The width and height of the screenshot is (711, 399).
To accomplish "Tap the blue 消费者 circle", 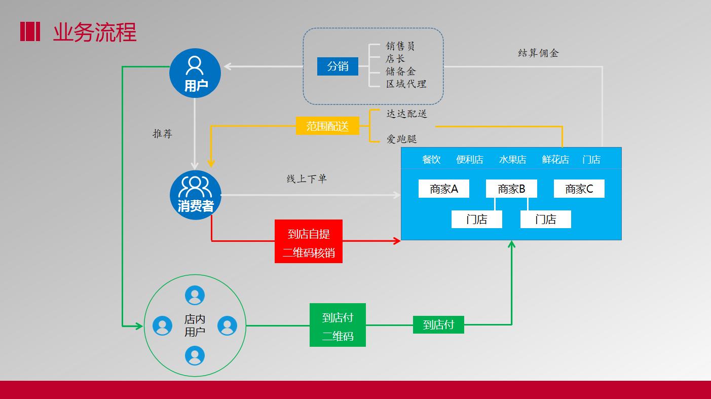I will pos(195,195).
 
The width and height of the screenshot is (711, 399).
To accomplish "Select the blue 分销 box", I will pos(338,66).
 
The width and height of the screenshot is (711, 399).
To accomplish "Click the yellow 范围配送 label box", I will pos(327,126).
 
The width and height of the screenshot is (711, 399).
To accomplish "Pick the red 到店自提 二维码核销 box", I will pos(309,241).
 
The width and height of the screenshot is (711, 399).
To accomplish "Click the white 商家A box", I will pos(444,189).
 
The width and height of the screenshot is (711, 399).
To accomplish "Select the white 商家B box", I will pos(511,189).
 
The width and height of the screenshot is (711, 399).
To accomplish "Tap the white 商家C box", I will pos(579,189).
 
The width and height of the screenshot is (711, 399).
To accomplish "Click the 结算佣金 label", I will pos(538,53).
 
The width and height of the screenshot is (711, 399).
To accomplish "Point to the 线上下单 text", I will pos(307,178).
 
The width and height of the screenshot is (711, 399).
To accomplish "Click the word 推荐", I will pos(163,133).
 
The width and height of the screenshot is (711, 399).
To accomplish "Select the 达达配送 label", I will pos(406,114).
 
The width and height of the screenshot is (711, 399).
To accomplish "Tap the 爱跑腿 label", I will pos(401,138).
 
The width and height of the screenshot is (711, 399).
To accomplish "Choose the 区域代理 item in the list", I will pos(406,84).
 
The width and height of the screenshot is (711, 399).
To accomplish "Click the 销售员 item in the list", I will pos(400,46).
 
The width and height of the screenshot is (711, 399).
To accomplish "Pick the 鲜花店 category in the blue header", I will pos(555,159).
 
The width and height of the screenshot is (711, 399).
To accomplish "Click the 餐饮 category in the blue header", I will pos(431,159).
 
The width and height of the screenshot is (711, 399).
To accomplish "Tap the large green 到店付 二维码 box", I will pos(338,325).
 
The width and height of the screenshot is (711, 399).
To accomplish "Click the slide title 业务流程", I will pos(95,32).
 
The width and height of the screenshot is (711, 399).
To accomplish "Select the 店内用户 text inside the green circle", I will pos(195,325).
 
